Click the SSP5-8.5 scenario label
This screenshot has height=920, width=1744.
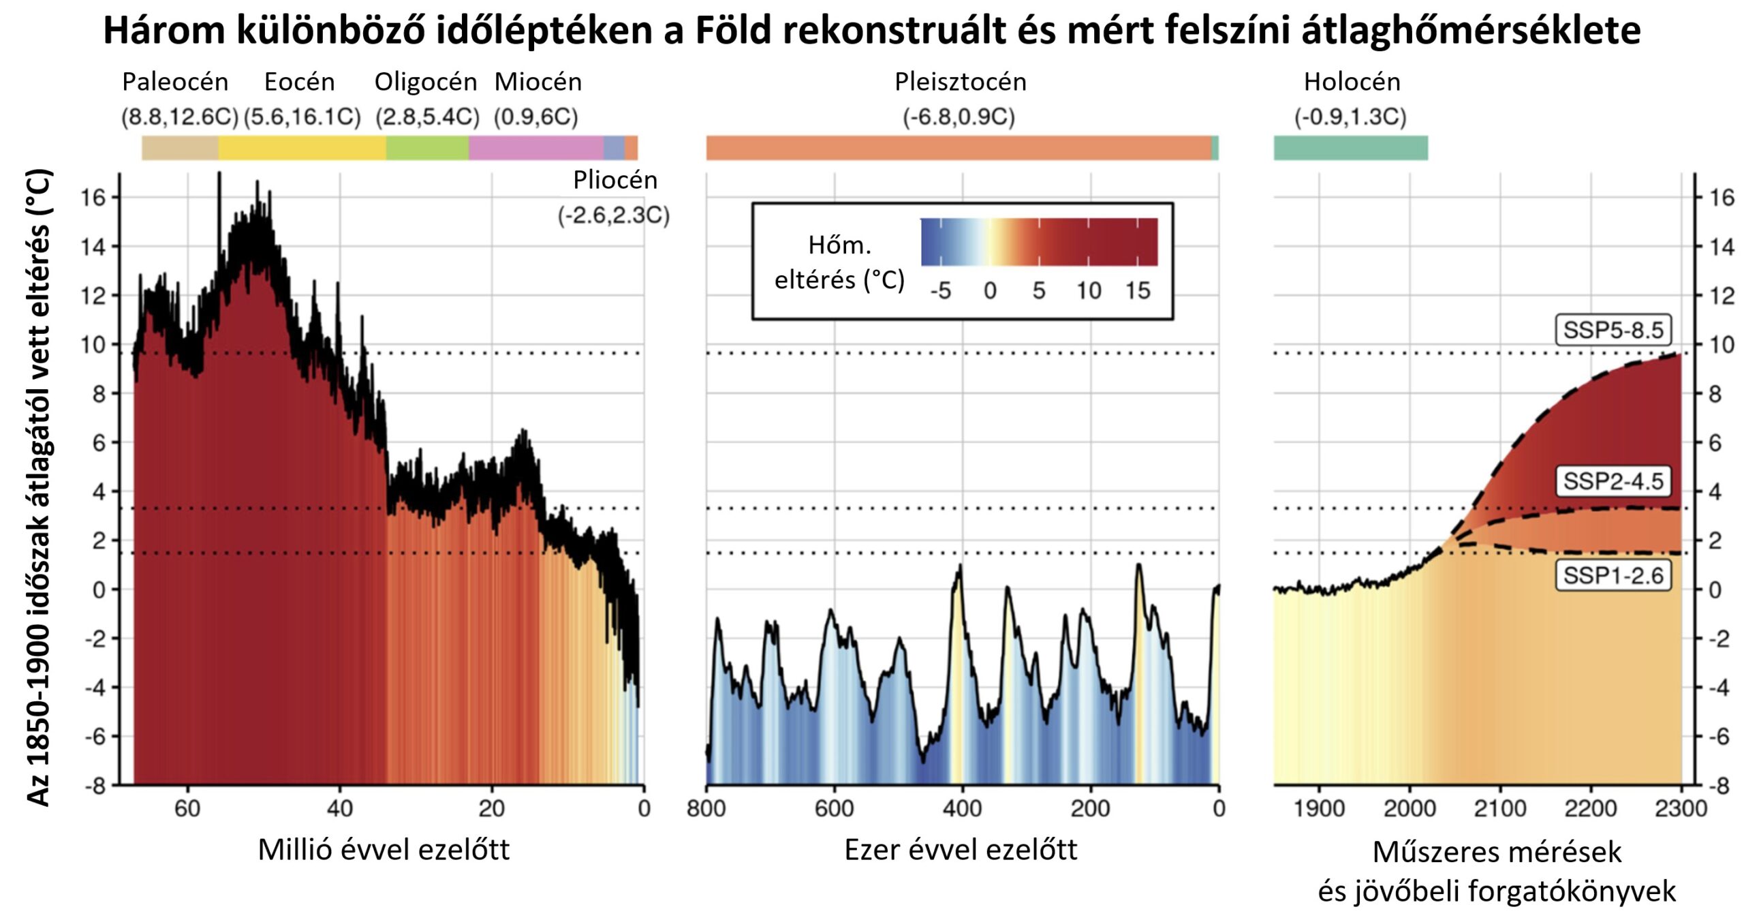(x=1613, y=330)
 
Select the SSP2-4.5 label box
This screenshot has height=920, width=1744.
(x=1613, y=481)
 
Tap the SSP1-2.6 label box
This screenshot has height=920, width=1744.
(x=1613, y=576)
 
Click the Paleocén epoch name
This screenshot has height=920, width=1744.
(x=175, y=82)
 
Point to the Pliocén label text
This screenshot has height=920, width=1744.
(x=615, y=180)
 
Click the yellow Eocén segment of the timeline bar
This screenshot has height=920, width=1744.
(x=302, y=148)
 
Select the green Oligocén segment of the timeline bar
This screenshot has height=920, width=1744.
(x=427, y=148)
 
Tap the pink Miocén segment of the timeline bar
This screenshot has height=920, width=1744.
(x=535, y=148)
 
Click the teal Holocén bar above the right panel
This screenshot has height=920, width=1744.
(x=1350, y=148)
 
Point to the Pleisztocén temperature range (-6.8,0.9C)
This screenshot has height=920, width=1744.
(x=959, y=117)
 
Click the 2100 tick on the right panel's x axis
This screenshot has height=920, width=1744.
(x=1499, y=808)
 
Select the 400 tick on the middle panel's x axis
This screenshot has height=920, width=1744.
(x=962, y=808)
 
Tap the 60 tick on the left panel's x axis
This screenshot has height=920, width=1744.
(x=187, y=808)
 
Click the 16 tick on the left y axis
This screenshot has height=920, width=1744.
(x=93, y=198)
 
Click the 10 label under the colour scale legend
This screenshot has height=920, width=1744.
(x=1088, y=291)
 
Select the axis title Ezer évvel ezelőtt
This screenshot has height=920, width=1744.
(x=961, y=850)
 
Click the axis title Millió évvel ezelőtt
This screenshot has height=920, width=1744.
(x=384, y=850)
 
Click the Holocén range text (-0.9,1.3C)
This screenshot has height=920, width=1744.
(x=1350, y=117)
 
